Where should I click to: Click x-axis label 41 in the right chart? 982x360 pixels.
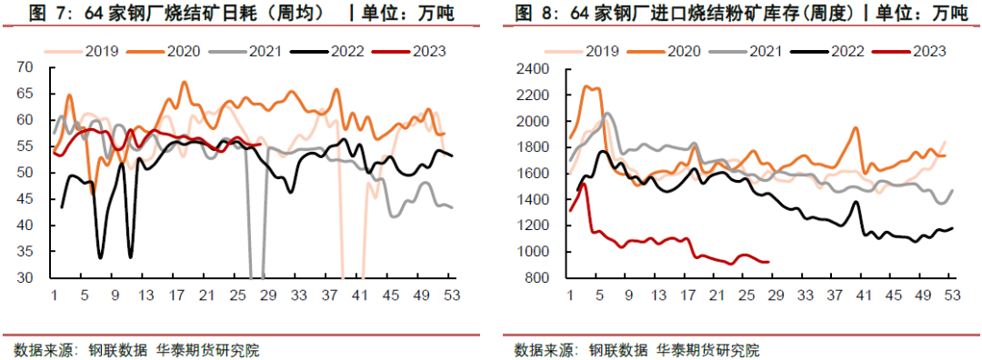click(x=864, y=295)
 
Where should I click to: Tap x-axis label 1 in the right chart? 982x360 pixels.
click(x=570, y=295)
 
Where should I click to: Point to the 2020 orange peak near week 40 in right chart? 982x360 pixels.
click(x=856, y=128)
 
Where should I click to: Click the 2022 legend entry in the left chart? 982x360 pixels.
click(x=345, y=51)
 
